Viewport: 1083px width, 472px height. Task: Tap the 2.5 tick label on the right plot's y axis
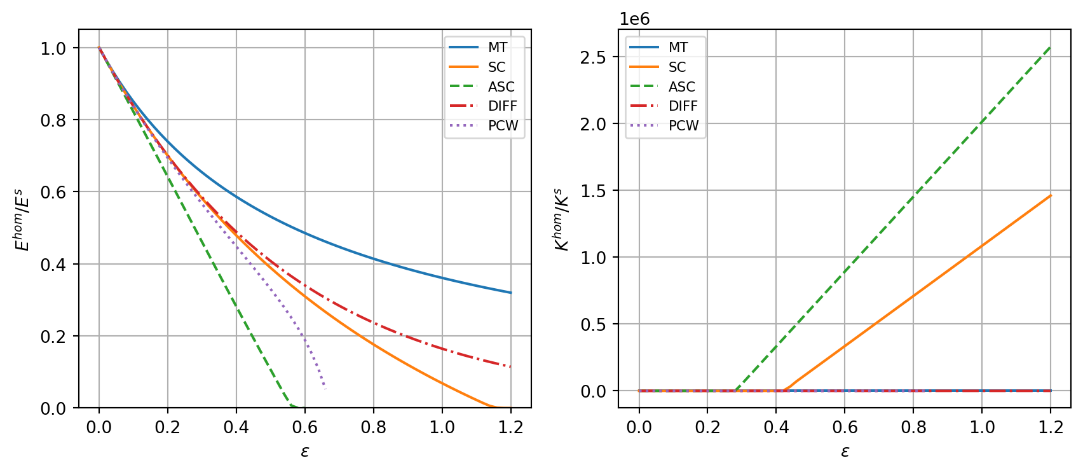(593, 57)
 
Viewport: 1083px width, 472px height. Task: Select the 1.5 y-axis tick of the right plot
(593, 191)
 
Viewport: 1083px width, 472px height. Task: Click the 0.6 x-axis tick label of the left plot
(304, 427)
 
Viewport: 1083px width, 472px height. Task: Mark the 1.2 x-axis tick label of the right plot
(1050, 427)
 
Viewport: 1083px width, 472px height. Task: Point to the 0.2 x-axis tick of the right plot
(707, 427)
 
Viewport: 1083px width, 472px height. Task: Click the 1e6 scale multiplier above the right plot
(635, 19)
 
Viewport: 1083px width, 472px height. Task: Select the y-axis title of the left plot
(23, 219)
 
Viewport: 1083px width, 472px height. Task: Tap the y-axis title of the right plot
(562, 219)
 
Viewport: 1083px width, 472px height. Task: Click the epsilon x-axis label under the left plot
(305, 452)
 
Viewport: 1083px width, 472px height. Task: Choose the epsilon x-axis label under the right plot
(845, 452)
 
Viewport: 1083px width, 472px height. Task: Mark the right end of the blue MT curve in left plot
(510, 293)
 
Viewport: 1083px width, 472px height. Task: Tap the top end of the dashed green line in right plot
(1050, 47)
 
